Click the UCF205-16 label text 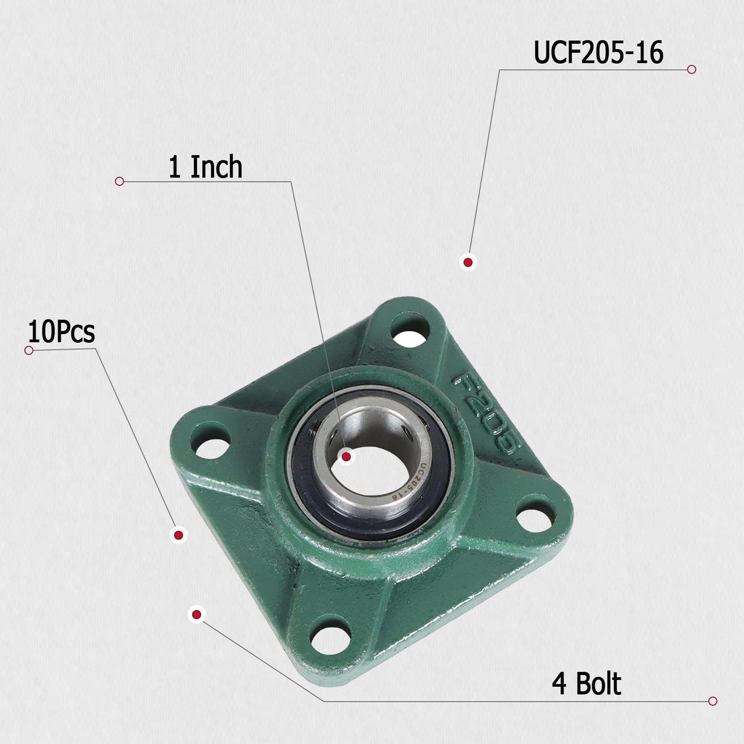[598, 53]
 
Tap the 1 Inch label [205, 167]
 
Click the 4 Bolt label [586, 684]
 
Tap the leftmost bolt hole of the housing [211, 441]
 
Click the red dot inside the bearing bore [346, 457]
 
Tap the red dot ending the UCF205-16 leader [468, 262]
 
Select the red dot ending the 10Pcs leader [179, 535]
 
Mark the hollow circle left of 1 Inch [119, 181]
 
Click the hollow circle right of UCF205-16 [692, 69]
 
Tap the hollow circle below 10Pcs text [29, 350]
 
